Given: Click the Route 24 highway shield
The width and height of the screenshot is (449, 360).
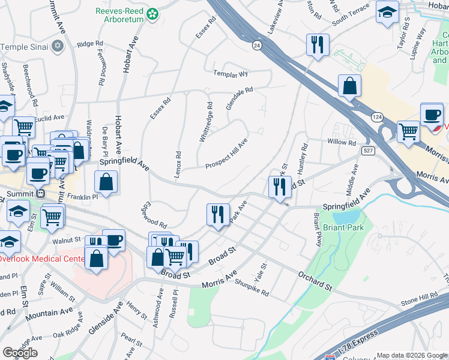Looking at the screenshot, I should pos(257,46).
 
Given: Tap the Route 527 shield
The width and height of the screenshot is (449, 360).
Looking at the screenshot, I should pos(368,151).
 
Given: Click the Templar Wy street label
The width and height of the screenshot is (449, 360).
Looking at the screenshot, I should pos(230,74).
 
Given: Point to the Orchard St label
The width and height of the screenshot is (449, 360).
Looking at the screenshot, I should pos(315,280).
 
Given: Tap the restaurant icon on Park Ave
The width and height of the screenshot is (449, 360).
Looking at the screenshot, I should pos(217,214).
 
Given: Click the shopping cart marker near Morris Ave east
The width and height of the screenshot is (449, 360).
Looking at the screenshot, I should pos(408,130).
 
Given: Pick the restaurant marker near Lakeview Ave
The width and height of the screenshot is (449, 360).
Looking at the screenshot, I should pos(316,44).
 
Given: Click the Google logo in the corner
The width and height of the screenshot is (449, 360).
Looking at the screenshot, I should pos(20,352).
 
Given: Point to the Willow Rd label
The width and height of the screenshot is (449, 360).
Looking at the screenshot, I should pos(342,143).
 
